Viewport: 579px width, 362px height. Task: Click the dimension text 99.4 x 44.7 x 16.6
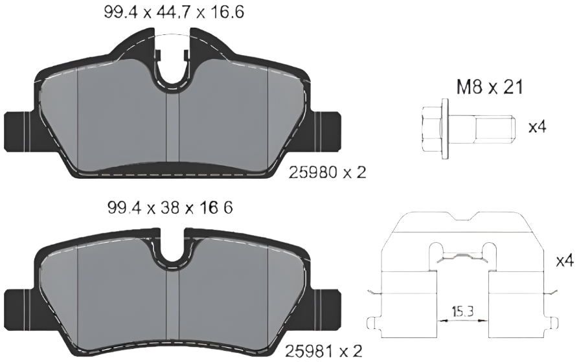coord(174,12)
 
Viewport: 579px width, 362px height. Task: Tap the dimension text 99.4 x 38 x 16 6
coord(170,208)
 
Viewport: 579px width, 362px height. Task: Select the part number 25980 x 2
coord(327,172)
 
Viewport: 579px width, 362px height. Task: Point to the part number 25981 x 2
coord(323,350)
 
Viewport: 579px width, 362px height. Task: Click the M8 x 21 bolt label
coord(490,87)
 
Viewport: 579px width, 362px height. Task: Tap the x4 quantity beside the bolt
coord(538,128)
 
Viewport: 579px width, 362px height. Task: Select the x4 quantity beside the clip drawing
coord(565,260)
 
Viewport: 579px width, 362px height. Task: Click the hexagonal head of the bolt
coord(432,129)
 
